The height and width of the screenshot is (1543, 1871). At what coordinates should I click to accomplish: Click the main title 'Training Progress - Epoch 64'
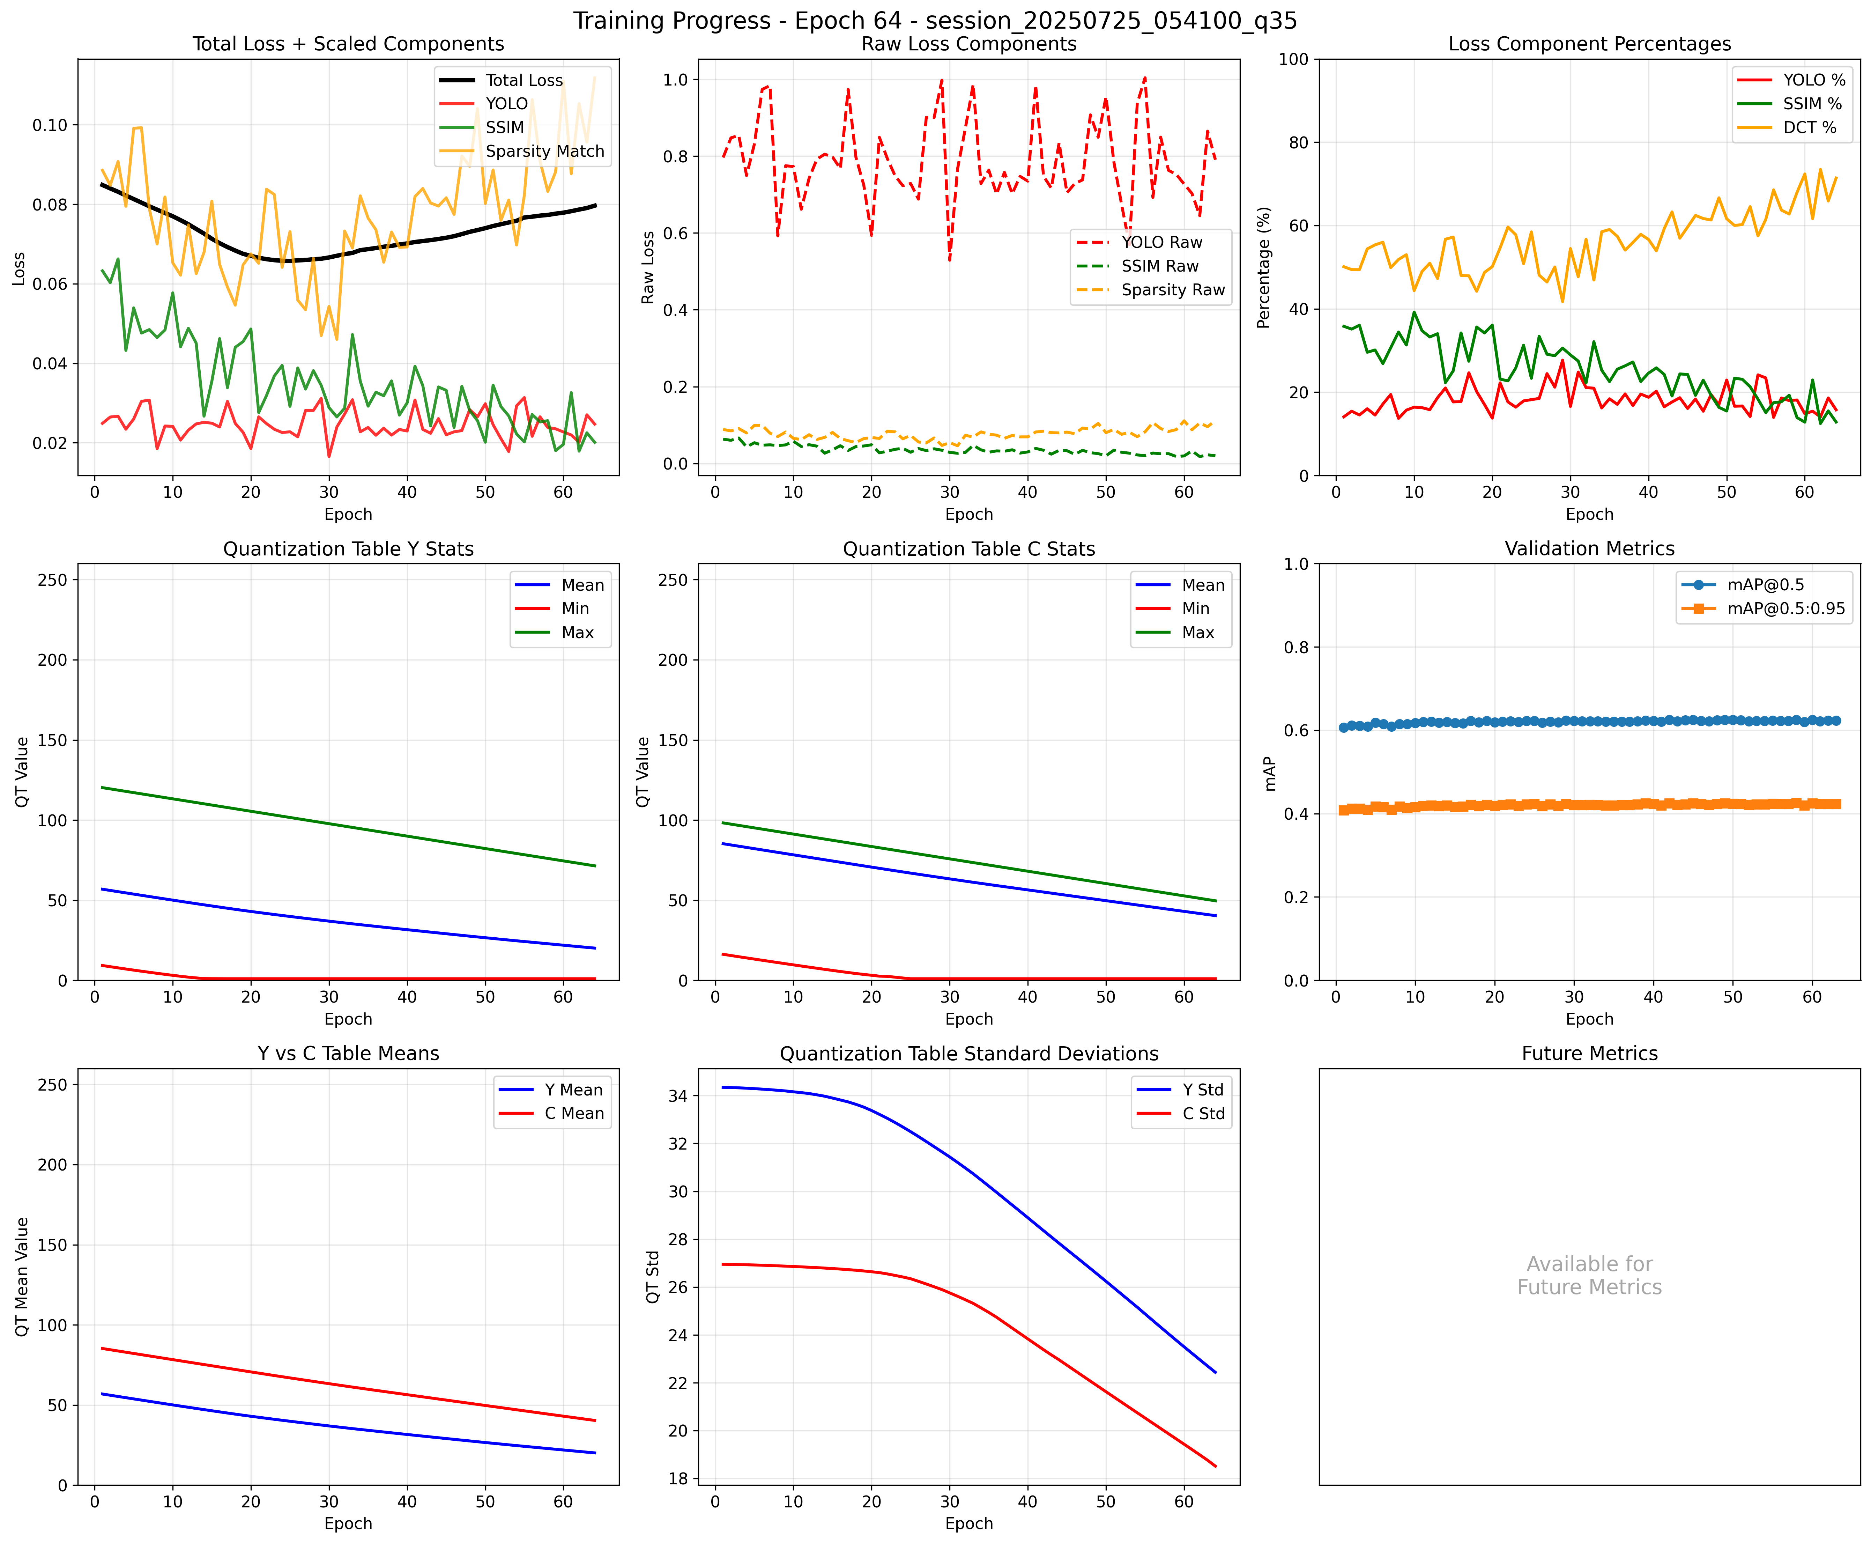(x=935, y=21)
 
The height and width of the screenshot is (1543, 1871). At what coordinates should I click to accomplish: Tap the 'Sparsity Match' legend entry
(x=544, y=151)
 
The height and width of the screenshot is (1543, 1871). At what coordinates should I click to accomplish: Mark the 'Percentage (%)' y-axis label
(x=1263, y=267)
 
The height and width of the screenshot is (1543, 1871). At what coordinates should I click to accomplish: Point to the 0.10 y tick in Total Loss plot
(x=50, y=125)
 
